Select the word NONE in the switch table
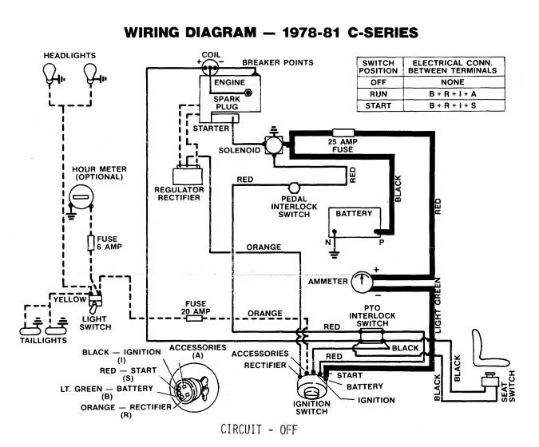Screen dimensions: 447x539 click(451, 81)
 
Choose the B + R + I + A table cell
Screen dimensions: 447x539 click(451, 93)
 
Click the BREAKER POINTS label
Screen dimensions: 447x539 click(277, 61)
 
